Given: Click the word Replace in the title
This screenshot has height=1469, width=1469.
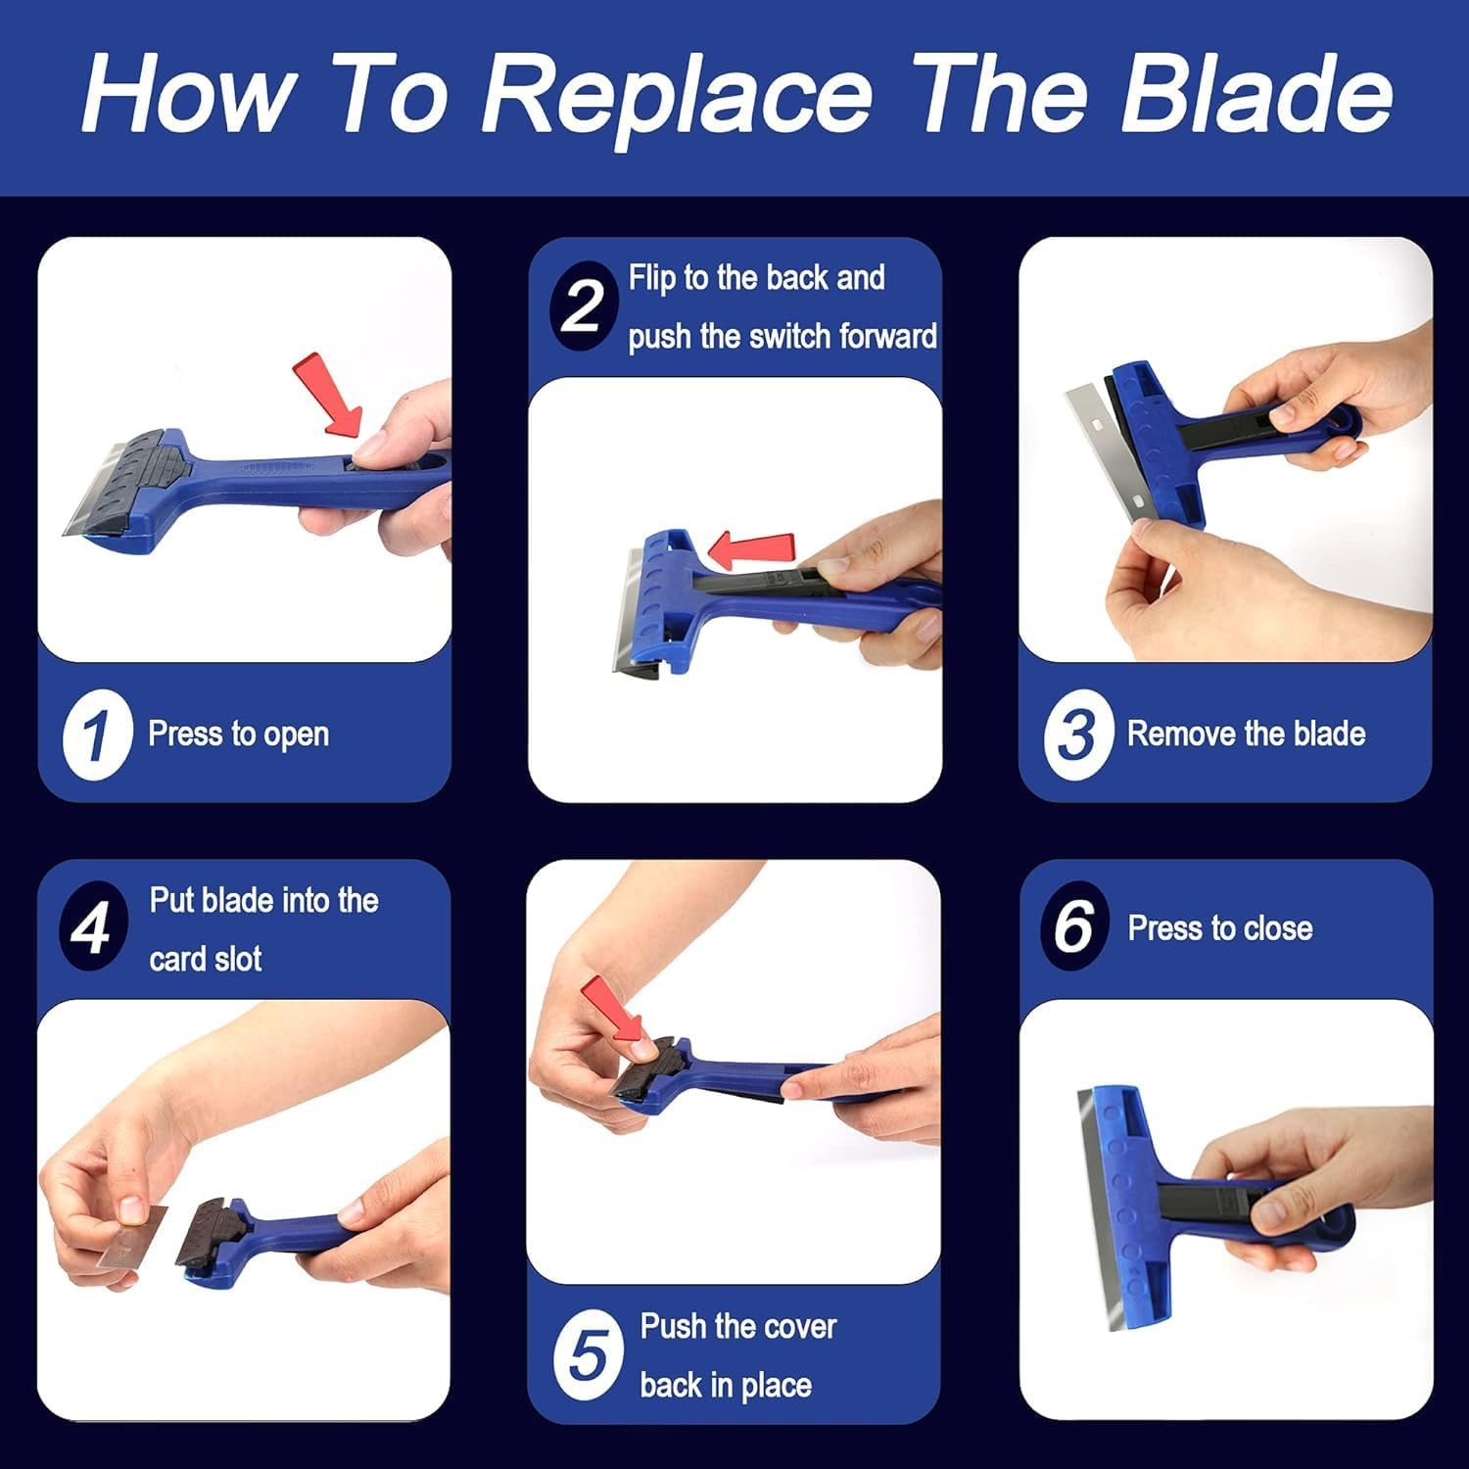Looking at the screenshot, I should coord(676,94).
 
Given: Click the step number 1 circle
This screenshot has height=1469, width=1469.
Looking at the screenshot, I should coord(96,734).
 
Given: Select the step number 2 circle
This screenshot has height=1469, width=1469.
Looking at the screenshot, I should coord(583,307).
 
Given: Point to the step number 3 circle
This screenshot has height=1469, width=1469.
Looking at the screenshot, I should coord(1076,734).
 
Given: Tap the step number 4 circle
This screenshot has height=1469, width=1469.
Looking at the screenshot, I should coord(93,926).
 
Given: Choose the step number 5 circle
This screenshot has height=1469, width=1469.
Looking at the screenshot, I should coord(588,1355).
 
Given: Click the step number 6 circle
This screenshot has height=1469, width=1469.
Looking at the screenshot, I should coord(1074,925).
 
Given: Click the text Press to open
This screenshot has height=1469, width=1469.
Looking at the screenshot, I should coord(238,734).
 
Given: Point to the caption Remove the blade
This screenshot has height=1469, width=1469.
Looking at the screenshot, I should coord(1246,734).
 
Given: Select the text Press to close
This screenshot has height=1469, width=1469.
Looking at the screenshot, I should coord(1219,927).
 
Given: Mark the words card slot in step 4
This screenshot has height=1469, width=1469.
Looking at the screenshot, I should coord(206,959).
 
